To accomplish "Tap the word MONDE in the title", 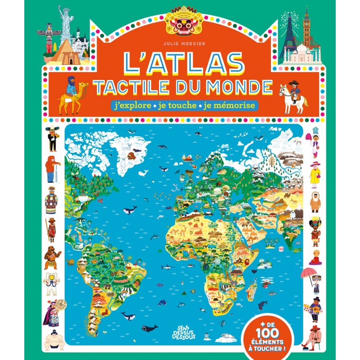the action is pyautogui.click(x=238, y=87).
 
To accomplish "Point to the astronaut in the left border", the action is pyautogui.click(x=51, y=282).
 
